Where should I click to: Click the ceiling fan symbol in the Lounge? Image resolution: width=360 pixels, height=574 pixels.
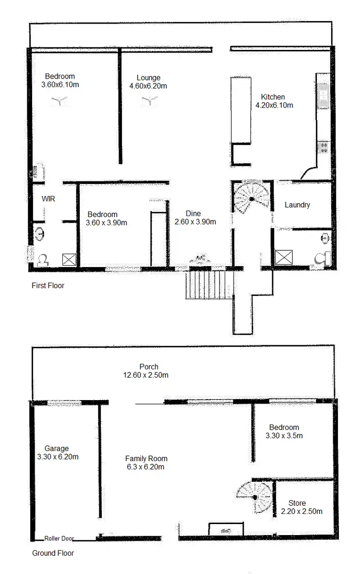coord(149,100)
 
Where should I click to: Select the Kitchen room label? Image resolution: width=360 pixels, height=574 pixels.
coord(273,97)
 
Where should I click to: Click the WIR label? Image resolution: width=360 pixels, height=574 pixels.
coord(48,198)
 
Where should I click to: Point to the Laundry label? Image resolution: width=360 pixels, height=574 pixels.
coord(297,205)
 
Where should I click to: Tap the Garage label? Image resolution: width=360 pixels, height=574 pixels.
coord(56,449)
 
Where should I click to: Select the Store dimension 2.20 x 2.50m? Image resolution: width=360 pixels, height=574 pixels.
coord(301,512)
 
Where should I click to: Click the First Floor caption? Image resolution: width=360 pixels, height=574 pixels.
coord(48,286)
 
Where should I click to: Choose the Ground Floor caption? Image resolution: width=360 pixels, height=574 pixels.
coord(53,553)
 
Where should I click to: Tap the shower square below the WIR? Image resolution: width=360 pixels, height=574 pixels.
coord(69,259)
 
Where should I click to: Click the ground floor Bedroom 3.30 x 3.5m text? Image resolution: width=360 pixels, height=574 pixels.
coord(284,436)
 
